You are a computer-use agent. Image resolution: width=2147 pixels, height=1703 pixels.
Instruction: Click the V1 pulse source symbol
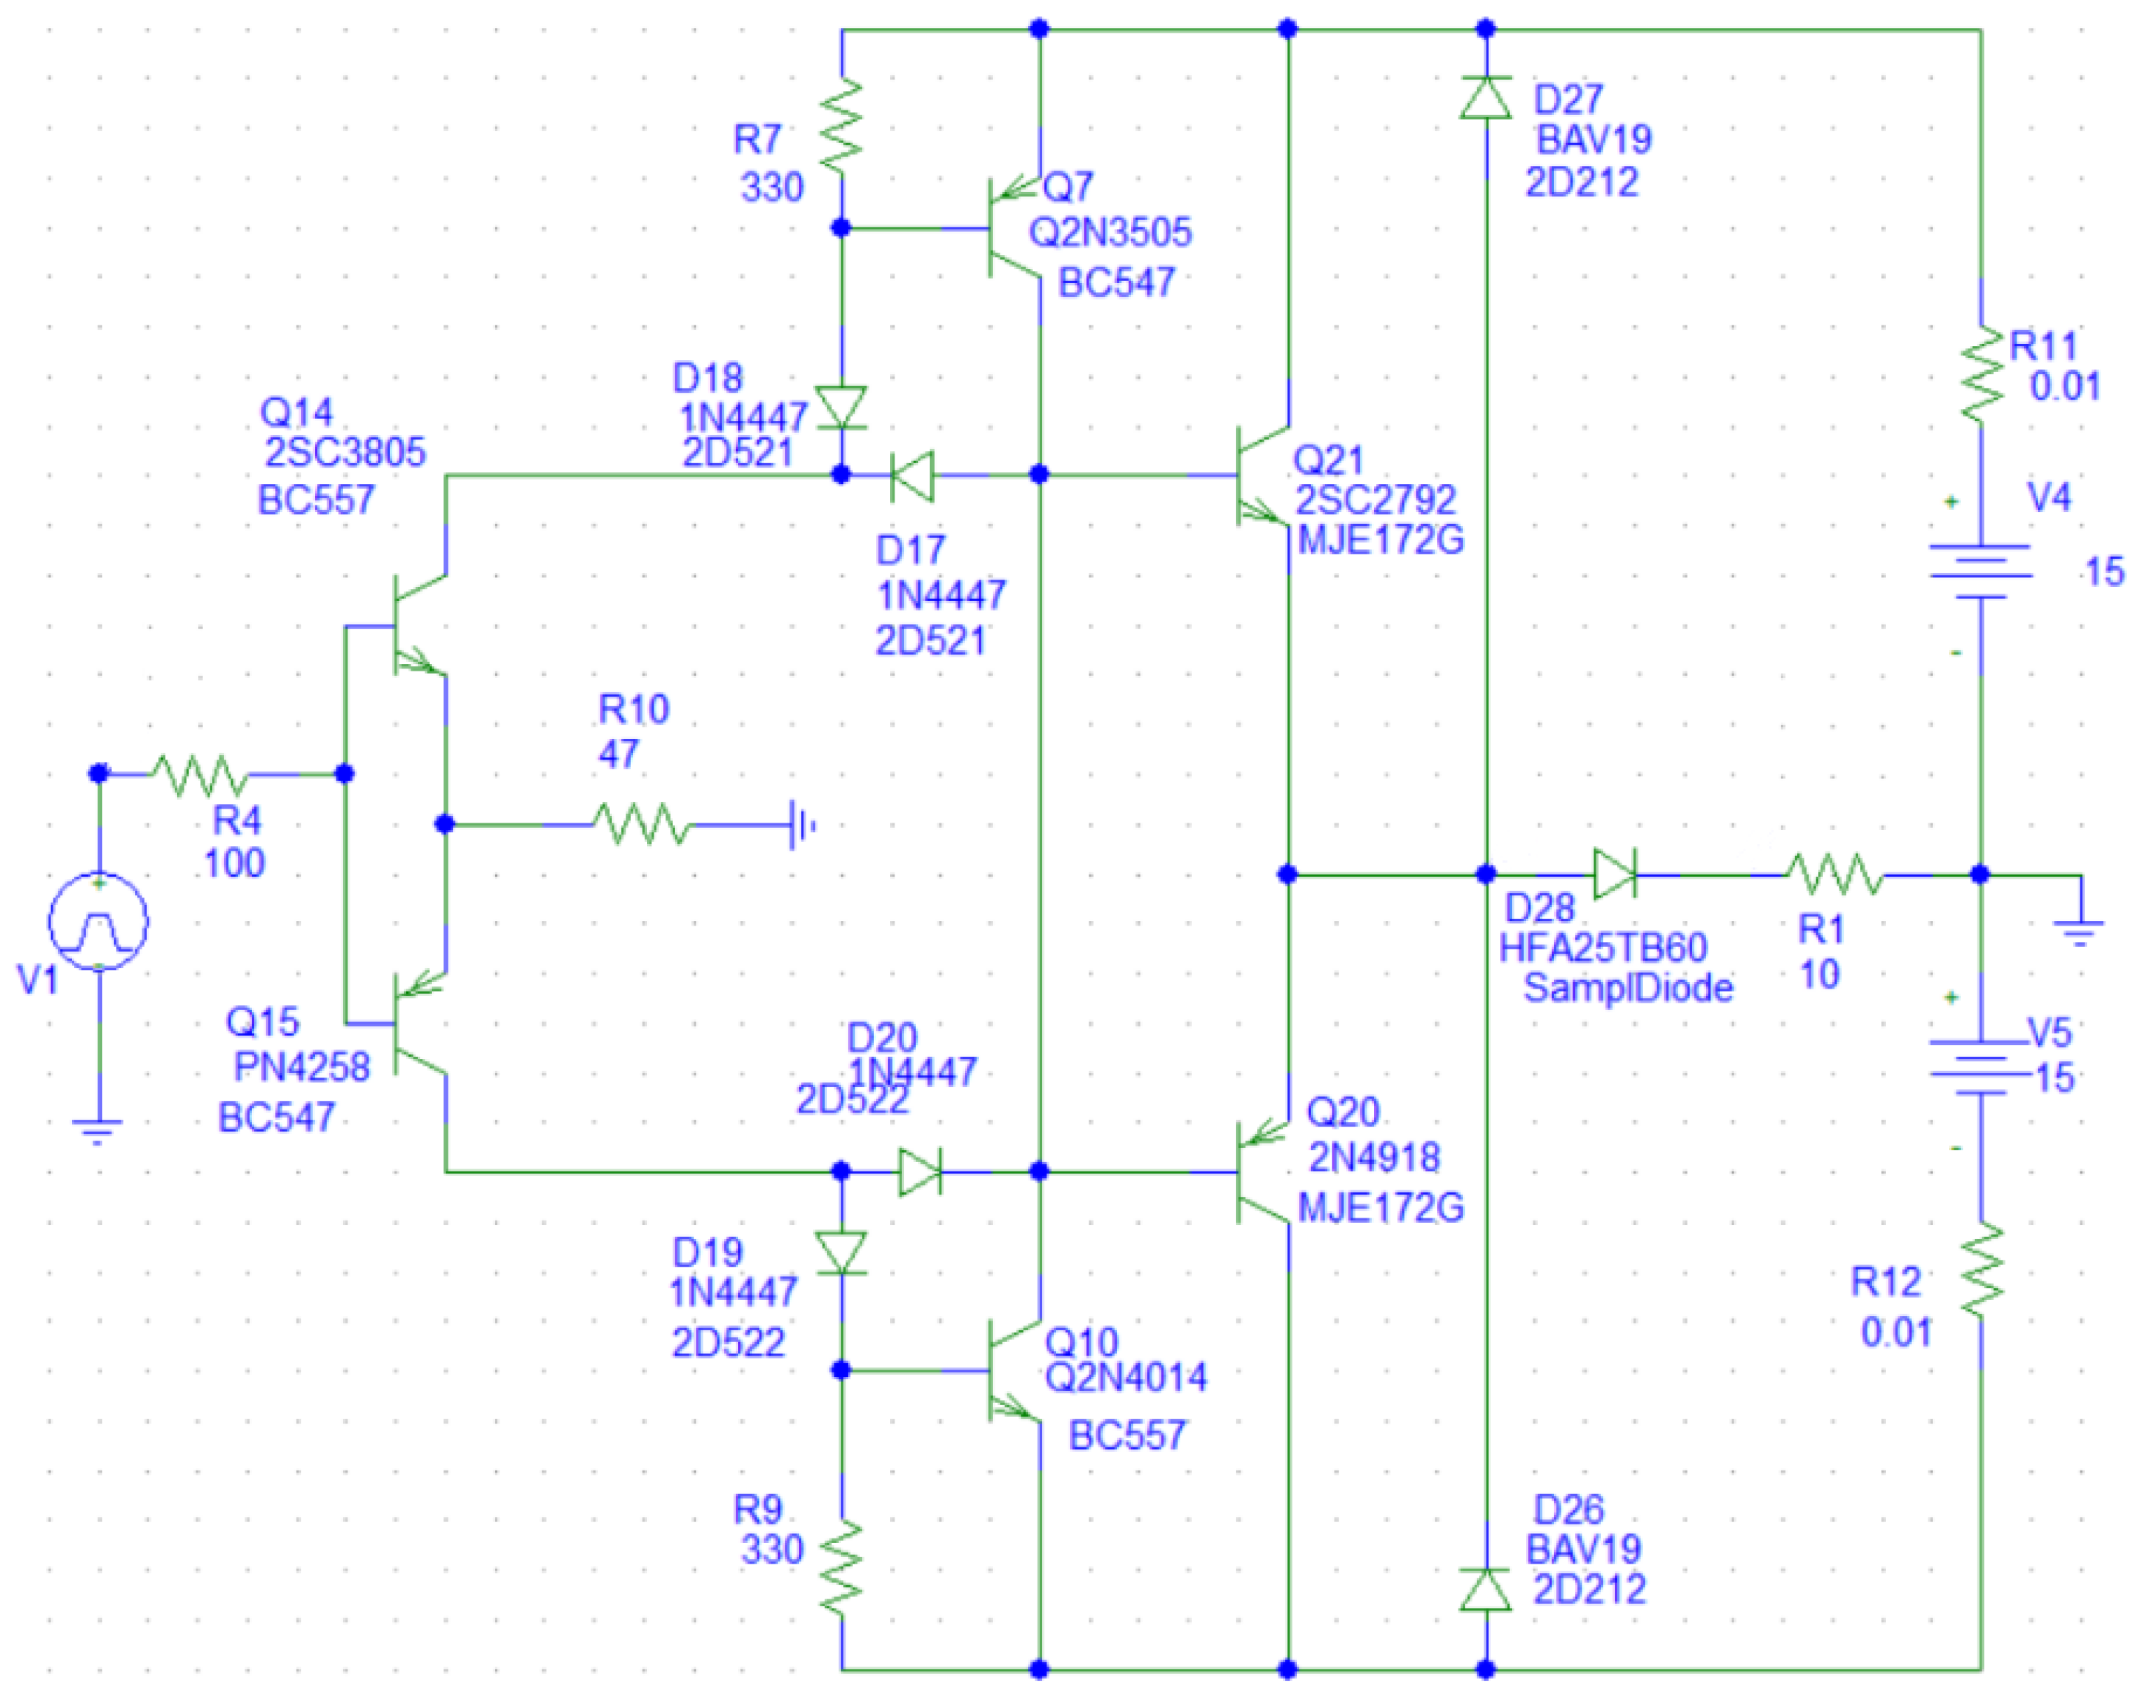tap(99, 920)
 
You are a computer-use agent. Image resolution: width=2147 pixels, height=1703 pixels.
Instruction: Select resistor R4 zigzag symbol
tap(198, 774)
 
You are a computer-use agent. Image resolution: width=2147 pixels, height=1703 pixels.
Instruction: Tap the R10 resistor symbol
tap(641, 825)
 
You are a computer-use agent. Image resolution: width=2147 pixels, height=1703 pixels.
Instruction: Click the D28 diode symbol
tap(1614, 874)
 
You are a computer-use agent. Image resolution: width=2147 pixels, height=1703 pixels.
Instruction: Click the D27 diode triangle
tap(1484, 98)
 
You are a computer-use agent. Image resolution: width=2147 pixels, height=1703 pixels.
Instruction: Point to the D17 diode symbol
tap(911, 475)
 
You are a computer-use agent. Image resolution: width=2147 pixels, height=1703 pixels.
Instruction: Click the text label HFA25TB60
tap(1602, 948)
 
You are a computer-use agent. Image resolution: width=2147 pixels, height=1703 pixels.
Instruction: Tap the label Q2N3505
tap(1109, 233)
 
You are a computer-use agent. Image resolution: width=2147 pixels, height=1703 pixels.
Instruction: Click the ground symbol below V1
tap(98, 1130)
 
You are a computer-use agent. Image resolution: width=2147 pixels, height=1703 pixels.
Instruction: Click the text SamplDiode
tap(1627, 988)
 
